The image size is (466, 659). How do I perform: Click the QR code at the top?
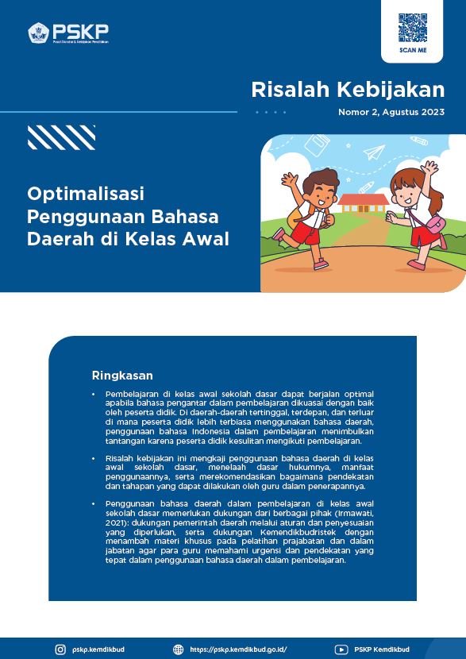click(x=412, y=28)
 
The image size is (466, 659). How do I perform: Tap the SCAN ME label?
click(x=412, y=51)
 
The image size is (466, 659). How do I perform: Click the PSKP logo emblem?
click(x=39, y=33)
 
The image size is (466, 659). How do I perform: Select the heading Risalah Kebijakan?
click(x=348, y=90)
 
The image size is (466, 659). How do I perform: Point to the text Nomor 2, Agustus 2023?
click(x=391, y=113)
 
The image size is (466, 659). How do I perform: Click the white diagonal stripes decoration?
click(x=61, y=137)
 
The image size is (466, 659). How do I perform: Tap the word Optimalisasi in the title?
click(x=86, y=195)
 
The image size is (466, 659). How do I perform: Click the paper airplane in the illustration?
click(x=375, y=152)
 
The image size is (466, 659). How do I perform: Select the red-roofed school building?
click(x=363, y=203)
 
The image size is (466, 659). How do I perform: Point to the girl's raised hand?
click(x=429, y=168)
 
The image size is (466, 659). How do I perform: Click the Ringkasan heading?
click(x=122, y=375)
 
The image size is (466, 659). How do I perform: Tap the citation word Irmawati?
click(x=356, y=513)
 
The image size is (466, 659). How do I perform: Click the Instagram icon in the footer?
click(x=60, y=649)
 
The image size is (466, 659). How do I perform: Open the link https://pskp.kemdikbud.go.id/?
click(x=238, y=649)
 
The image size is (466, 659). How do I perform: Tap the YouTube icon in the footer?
click(x=341, y=649)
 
